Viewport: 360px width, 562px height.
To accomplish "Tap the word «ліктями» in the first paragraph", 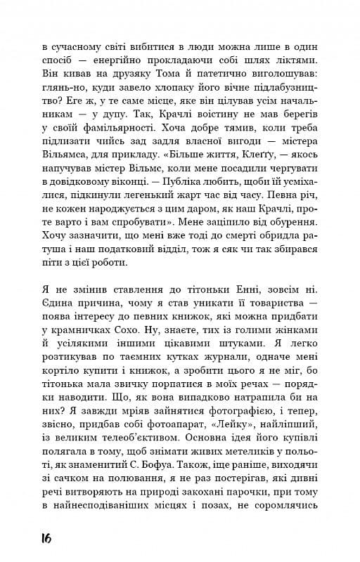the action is (x=302, y=60).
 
